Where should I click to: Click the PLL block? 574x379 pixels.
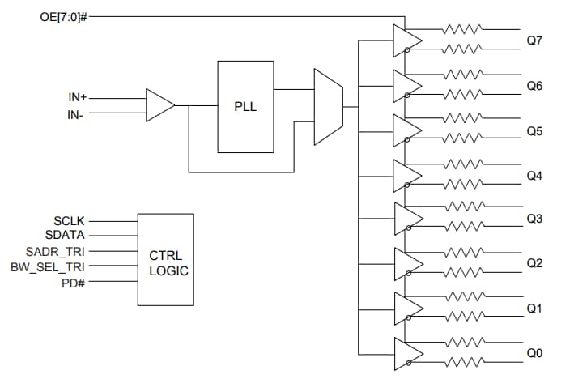(x=245, y=106)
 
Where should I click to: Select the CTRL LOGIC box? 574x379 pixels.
(x=165, y=259)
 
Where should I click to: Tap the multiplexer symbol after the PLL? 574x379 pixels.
(x=328, y=99)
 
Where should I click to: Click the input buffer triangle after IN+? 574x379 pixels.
(x=159, y=105)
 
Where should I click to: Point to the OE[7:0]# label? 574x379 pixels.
(x=62, y=16)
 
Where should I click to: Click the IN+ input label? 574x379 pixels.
(x=79, y=98)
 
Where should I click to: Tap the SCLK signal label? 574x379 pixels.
(x=69, y=220)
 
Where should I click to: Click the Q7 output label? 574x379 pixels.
(x=534, y=40)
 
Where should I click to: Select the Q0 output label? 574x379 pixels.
(x=534, y=353)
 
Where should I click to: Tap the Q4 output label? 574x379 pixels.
(x=534, y=175)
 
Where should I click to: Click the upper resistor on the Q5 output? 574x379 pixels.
(x=462, y=118)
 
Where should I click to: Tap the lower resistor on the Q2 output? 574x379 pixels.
(x=462, y=272)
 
